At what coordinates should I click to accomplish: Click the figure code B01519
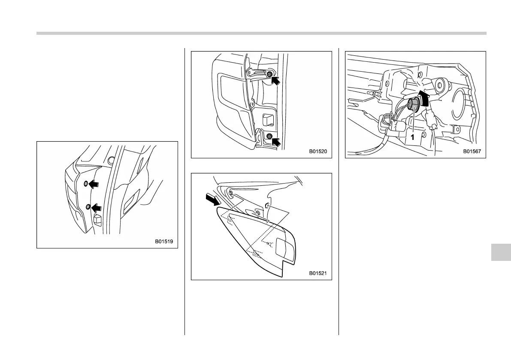click(x=164, y=242)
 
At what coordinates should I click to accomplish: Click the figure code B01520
click(x=318, y=151)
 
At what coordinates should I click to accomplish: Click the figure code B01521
click(x=318, y=273)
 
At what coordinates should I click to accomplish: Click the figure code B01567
click(x=472, y=151)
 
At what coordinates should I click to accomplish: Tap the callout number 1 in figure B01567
click(x=411, y=137)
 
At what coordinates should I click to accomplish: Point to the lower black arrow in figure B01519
click(x=97, y=207)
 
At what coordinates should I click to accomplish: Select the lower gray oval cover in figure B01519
click(x=88, y=207)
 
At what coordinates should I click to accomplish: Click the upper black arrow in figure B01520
click(x=277, y=79)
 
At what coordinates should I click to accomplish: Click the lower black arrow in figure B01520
click(x=277, y=141)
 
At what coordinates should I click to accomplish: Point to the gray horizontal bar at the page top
click(x=261, y=33)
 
